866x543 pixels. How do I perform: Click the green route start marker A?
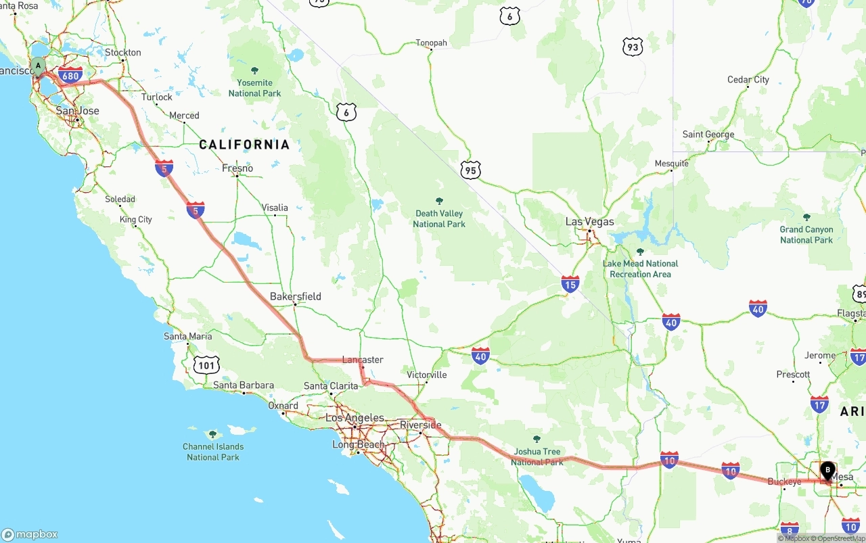point(39,66)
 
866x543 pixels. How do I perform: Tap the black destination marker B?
point(827,470)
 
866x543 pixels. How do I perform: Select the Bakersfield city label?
point(295,296)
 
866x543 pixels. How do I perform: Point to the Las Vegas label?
point(590,222)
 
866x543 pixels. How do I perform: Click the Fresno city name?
point(237,168)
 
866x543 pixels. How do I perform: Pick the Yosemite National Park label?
point(254,88)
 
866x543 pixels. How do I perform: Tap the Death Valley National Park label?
point(439,218)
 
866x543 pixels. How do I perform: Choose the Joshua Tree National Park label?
point(537,456)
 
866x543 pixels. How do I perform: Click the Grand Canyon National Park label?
point(806,235)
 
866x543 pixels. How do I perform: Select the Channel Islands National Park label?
point(213,452)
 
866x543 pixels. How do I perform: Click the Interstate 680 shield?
point(70,75)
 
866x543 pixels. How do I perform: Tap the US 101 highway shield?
point(206,366)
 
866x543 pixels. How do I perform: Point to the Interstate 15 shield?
point(570,284)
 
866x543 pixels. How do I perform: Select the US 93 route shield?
point(632,47)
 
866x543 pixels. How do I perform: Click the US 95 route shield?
point(471,170)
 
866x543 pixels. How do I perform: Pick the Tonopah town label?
point(431,43)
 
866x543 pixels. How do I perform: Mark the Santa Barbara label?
point(244,385)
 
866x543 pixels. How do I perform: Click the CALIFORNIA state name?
point(244,144)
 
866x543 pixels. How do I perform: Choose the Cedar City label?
point(748,79)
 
